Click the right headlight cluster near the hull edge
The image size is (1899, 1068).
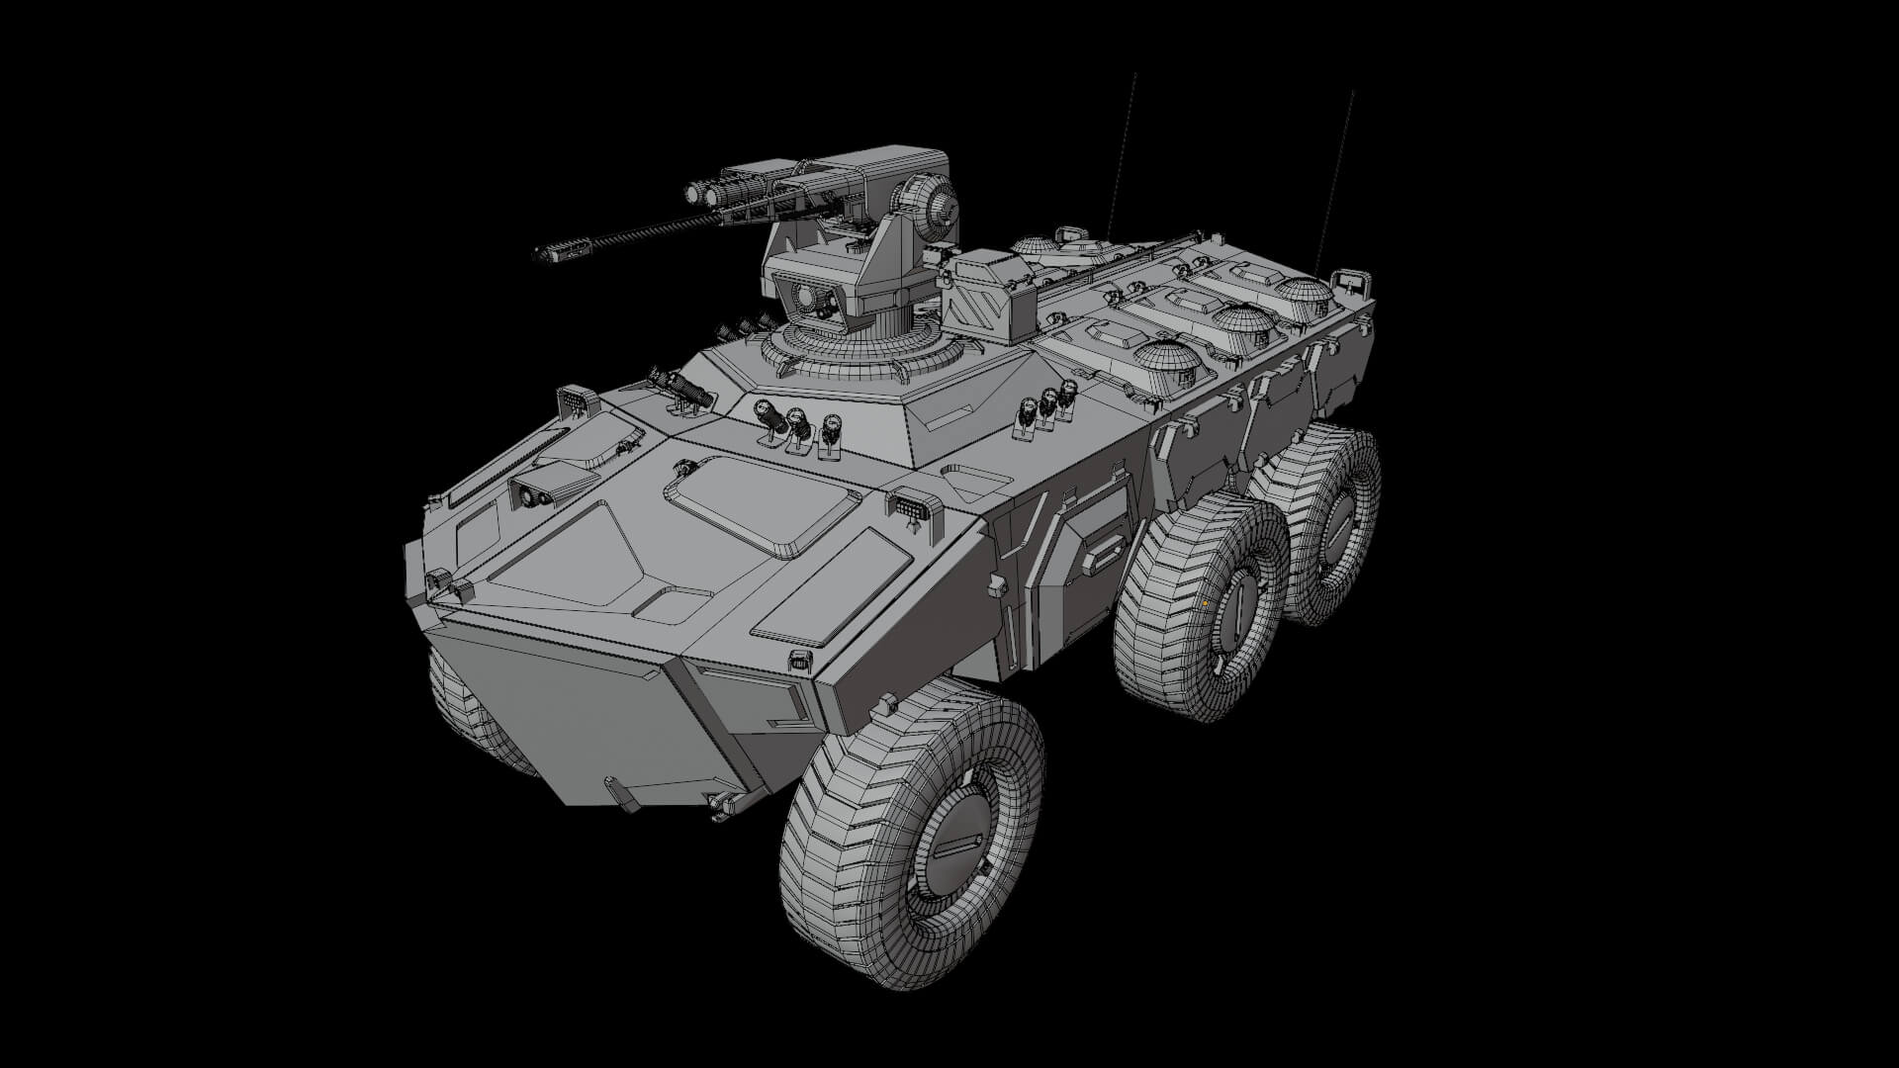click(909, 506)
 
